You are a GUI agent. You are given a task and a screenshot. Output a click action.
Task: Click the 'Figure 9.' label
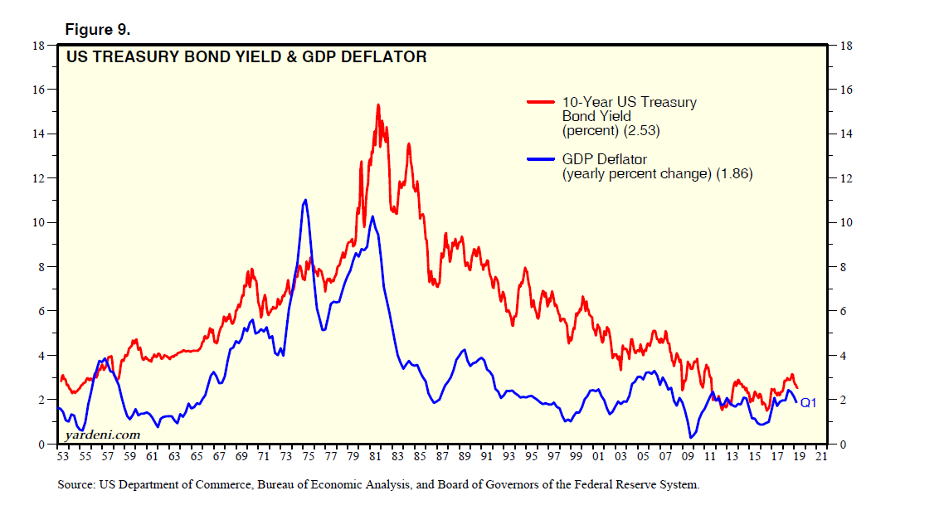click(x=97, y=30)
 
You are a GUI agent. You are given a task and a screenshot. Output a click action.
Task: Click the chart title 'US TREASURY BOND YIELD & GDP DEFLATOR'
click(x=246, y=57)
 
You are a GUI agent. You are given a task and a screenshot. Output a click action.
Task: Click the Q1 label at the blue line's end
click(x=809, y=403)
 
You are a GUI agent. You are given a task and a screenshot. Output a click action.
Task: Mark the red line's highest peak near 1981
click(x=378, y=105)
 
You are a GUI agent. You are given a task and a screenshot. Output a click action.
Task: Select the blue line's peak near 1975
click(x=306, y=200)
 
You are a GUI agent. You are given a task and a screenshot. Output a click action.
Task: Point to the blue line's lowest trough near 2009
click(x=690, y=437)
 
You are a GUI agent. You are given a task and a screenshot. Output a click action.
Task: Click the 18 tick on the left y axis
click(x=37, y=46)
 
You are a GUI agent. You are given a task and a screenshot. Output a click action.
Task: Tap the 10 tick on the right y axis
click(x=846, y=222)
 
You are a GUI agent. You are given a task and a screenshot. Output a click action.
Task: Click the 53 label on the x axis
click(x=62, y=456)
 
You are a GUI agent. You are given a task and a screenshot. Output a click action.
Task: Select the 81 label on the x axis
click(x=375, y=456)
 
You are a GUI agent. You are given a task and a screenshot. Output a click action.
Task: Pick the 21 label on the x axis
click(x=821, y=456)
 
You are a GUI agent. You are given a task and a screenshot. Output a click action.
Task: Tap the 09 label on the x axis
click(x=688, y=456)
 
